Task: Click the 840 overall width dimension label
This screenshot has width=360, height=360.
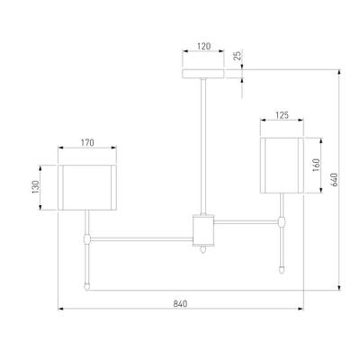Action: pos(180,303)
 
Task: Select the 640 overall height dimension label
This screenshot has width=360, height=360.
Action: pos(335,179)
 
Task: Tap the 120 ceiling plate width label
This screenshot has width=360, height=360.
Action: pos(203,46)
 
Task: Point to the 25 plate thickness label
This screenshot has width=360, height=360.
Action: pos(238,56)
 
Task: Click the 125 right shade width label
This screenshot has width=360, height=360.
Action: pos(282,115)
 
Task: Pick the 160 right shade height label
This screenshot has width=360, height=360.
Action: pos(316,165)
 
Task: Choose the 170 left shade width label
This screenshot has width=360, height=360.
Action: pos(87,142)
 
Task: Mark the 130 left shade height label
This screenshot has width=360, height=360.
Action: pos(36,187)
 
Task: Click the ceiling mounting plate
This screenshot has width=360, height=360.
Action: pos(203,74)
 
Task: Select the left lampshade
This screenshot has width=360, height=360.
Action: pos(87,187)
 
